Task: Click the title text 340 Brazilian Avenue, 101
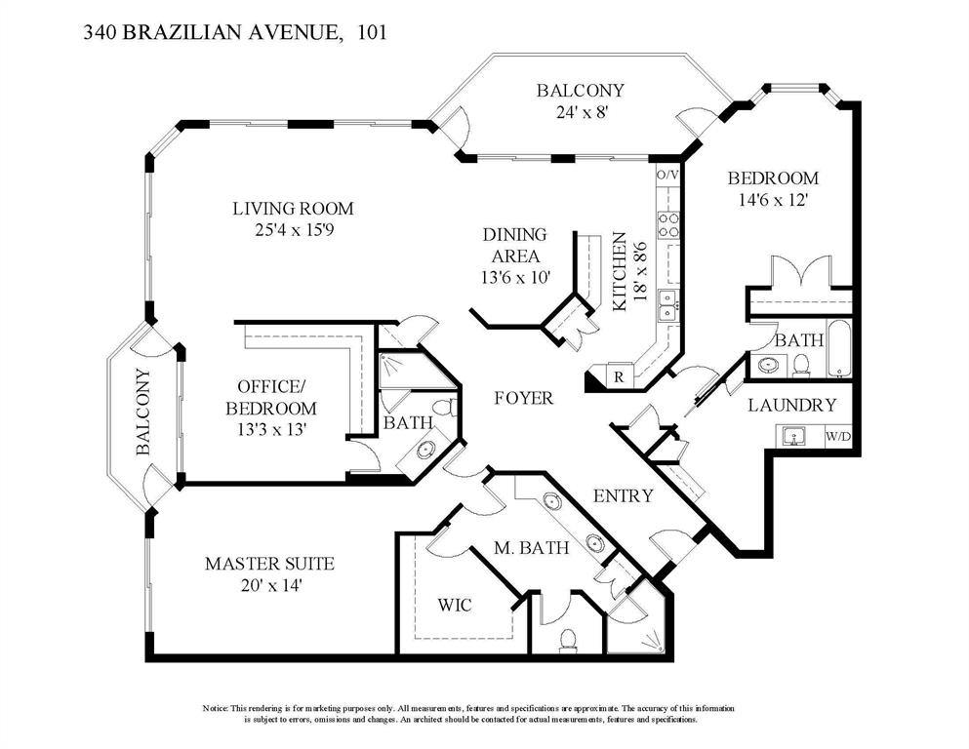(x=234, y=33)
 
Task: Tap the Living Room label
(x=292, y=209)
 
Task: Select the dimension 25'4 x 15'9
(x=292, y=230)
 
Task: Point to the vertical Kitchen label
(x=619, y=272)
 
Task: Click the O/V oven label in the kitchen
(x=667, y=175)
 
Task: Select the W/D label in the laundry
(x=838, y=437)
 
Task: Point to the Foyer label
(x=523, y=398)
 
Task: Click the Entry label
(x=623, y=495)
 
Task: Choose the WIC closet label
(x=455, y=606)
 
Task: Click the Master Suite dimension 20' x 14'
(x=268, y=585)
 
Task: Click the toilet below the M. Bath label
(x=568, y=640)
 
